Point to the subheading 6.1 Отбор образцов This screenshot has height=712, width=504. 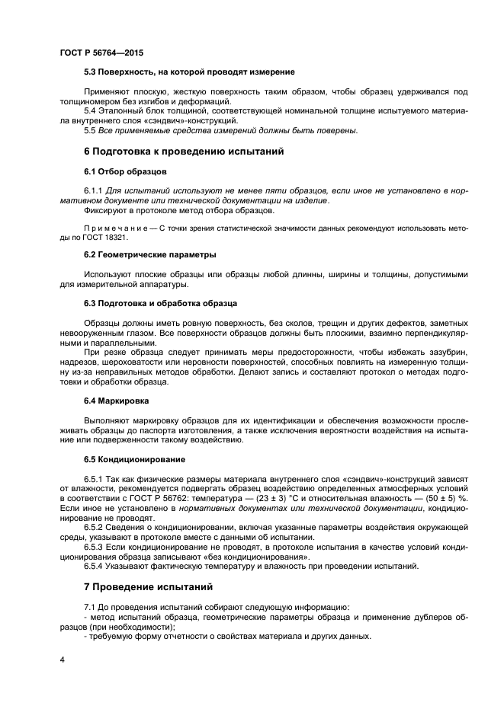(x=125, y=171)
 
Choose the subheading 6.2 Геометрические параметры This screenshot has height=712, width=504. (x=149, y=254)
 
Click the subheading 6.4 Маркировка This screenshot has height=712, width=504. (x=117, y=400)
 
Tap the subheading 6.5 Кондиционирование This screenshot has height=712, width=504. (x=133, y=459)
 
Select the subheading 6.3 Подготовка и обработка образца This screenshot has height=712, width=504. (x=160, y=303)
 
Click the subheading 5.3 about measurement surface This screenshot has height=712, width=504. (x=189, y=72)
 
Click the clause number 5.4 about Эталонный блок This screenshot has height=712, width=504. (x=91, y=111)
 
